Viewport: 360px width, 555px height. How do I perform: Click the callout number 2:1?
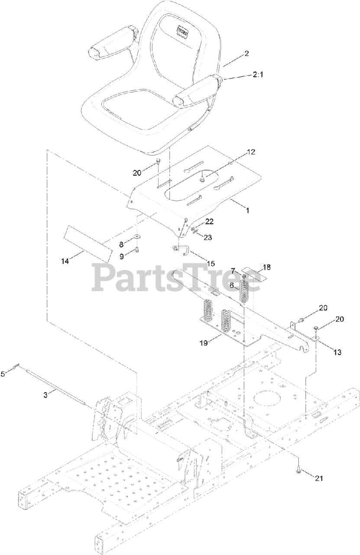pyautogui.click(x=246, y=75)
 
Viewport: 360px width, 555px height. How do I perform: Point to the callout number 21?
pyautogui.click(x=319, y=478)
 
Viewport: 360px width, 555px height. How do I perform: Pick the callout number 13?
pyautogui.click(x=337, y=353)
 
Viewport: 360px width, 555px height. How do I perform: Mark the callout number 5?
pyautogui.click(x=3, y=373)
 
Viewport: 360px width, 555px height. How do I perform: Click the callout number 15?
pyautogui.click(x=211, y=264)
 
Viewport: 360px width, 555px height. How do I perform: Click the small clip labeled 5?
pyautogui.click(x=16, y=367)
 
